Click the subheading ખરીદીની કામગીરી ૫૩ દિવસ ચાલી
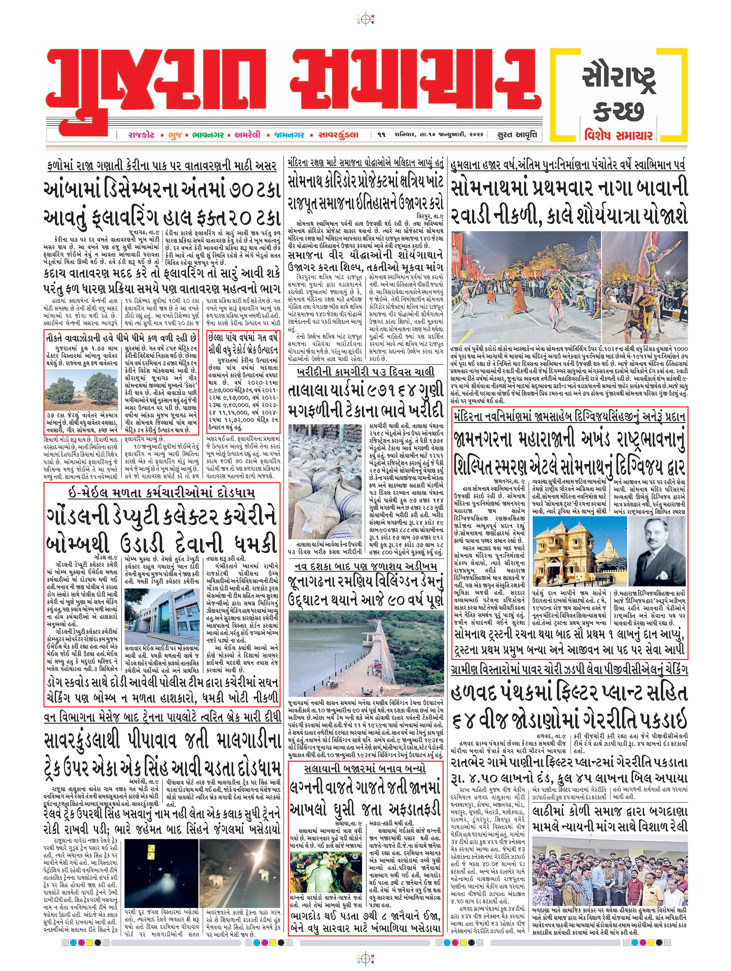pyautogui.click(x=365, y=372)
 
